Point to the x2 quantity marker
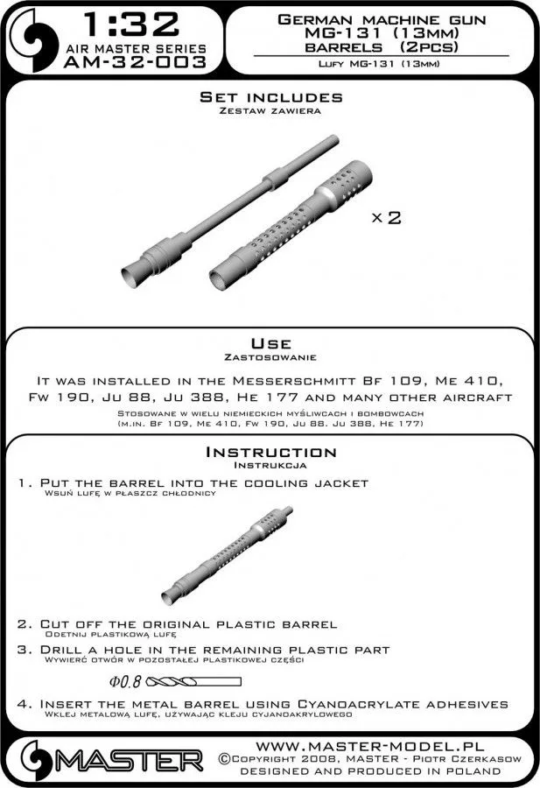tap(386, 218)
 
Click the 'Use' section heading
tap(270, 343)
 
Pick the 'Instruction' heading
tap(270, 452)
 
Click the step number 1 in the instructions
tap(23, 483)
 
